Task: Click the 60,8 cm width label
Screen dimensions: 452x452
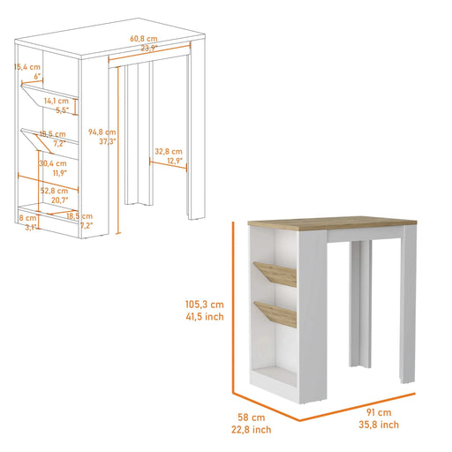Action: coord(142,39)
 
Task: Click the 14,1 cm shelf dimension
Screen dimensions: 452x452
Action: coord(58,101)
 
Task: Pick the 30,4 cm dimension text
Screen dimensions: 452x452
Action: coord(51,163)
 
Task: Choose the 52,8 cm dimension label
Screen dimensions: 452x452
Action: coord(54,189)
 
